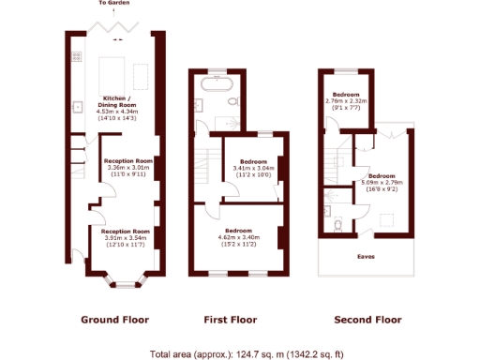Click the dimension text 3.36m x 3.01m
[127, 168]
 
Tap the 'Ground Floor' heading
[114, 320]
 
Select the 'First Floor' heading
[232, 320]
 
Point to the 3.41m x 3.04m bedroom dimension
[252, 169]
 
